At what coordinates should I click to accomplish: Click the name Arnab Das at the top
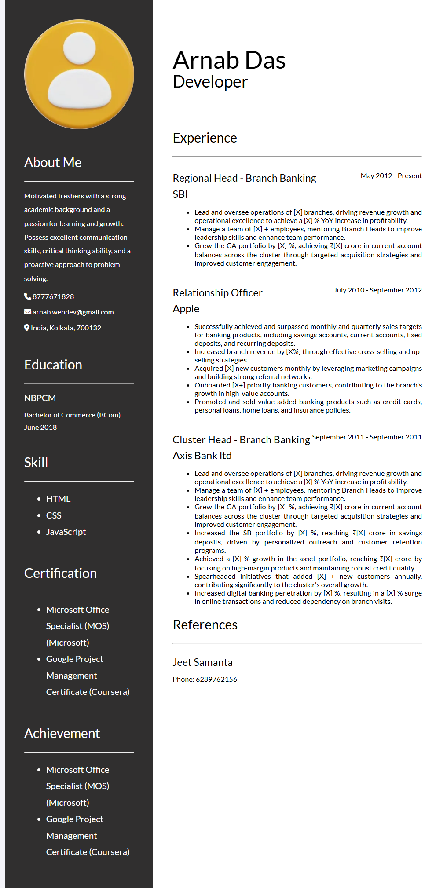pyautogui.click(x=229, y=60)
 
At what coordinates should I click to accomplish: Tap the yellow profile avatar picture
pyautogui.click(x=79, y=74)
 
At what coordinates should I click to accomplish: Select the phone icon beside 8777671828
pyautogui.click(x=27, y=296)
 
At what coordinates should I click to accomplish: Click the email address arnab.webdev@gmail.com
pyautogui.click(x=73, y=312)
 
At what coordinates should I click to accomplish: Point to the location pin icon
pyautogui.click(x=27, y=328)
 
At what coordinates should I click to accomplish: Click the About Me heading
pyautogui.click(x=53, y=163)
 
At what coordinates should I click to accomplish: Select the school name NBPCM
pyautogui.click(x=40, y=398)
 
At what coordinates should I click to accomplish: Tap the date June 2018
pyautogui.click(x=40, y=428)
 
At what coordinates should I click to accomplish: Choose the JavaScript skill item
pyautogui.click(x=66, y=532)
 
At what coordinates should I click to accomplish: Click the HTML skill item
pyautogui.click(x=58, y=499)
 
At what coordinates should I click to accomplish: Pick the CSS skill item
pyautogui.click(x=54, y=515)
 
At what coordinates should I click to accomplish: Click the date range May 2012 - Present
pyautogui.click(x=391, y=176)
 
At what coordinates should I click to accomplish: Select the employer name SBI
pyautogui.click(x=180, y=194)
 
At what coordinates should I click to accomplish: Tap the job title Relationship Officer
pyautogui.click(x=217, y=293)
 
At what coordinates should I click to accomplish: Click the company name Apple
pyautogui.click(x=186, y=309)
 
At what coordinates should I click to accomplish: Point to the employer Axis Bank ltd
pyautogui.click(x=202, y=456)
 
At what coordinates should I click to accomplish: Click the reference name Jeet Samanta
pyautogui.click(x=202, y=662)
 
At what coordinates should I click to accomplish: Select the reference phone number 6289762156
pyautogui.click(x=216, y=680)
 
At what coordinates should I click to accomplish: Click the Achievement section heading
pyautogui.click(x=62, y=734)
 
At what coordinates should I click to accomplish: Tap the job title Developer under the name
pyautogui.click(x=210, y=82)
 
